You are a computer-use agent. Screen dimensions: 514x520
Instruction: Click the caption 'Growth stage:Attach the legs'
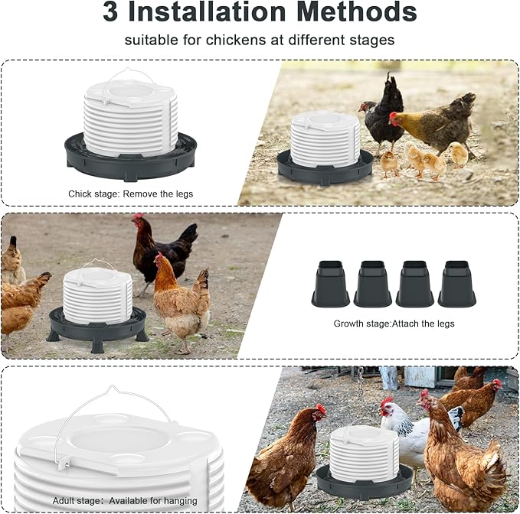tap(394, 324)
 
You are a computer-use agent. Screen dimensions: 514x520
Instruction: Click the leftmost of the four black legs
tap(331, 284)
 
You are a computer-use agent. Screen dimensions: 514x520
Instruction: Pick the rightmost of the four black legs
tap(456, 284)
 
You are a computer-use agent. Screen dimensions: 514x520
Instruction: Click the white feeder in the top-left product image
tap(130, 115)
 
